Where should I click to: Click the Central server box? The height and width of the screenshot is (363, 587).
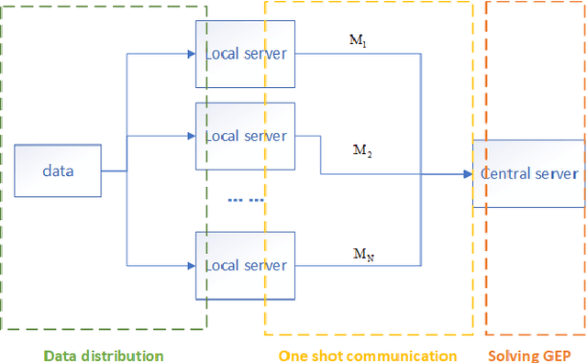pyautogui.click(x=529, y=173)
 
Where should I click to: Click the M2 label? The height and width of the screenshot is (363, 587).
pyautogui.click(x=363, y=149)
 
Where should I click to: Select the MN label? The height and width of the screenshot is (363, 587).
pyautogui.click(x=363, y=252)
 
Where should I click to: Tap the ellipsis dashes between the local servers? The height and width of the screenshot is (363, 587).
pyautogui.click(x=245, y=199)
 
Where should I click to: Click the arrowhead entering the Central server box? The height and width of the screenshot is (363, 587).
pyautogui.click(x=467, y=173)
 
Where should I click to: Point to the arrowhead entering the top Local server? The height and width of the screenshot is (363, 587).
pyautogui.click(x=191, y=53)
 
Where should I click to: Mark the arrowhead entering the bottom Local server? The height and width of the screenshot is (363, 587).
pyautogui.click(x=191, y=265)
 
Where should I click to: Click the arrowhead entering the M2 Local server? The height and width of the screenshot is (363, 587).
pyautogui.click(x=191, y=136)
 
